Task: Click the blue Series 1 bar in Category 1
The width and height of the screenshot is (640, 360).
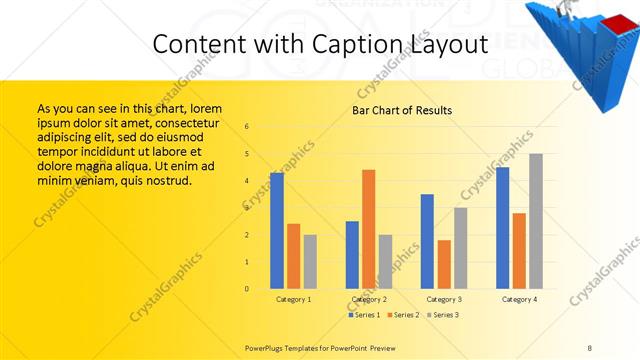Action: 277,231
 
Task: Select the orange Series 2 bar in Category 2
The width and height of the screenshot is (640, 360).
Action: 369,229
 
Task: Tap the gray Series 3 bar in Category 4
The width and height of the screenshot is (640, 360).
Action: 536,221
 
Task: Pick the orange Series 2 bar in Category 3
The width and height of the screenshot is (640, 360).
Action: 444,264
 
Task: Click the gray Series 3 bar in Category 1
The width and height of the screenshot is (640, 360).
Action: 310,262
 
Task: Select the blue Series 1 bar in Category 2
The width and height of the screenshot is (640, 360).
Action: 352,255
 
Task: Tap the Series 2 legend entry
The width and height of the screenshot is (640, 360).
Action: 404,315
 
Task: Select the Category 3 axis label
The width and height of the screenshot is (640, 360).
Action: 443,299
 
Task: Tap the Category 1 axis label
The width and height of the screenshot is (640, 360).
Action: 293,299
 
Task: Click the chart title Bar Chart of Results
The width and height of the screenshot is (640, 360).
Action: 401,110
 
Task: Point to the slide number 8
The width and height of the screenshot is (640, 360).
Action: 589,347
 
